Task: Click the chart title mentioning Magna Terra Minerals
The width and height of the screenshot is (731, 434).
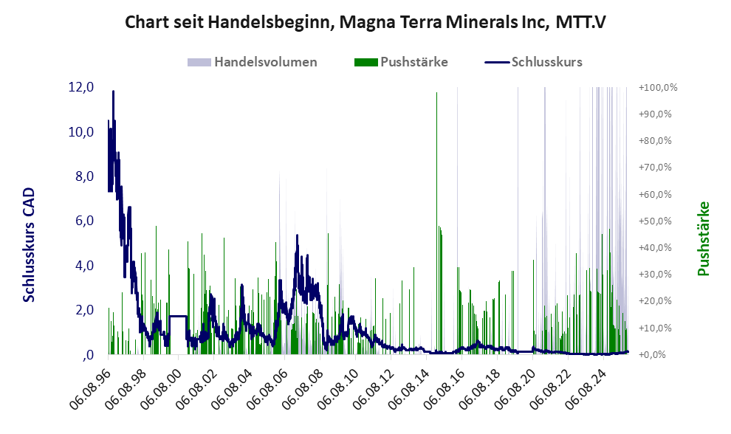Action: click(365, 22)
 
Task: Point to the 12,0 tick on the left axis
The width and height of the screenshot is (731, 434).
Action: click(80, 87)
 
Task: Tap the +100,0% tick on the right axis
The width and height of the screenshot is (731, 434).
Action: click(658, 87)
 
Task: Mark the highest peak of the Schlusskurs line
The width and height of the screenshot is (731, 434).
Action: click(113, 92)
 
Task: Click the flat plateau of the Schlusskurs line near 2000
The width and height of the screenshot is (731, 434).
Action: click(177, 316)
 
